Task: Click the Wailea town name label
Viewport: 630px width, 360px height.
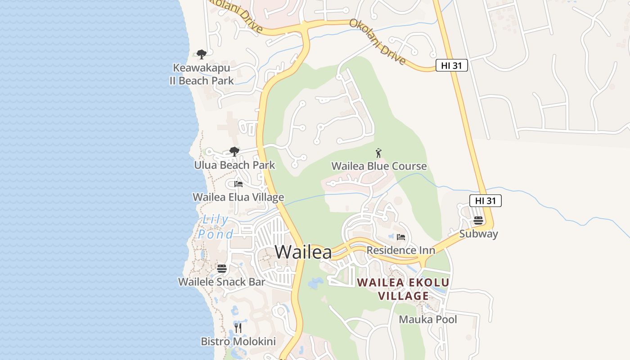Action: [x=303, y=252]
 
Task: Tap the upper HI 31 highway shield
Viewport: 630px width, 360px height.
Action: [x=452, y=66]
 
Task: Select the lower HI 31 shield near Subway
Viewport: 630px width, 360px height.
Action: [x=485, y=201]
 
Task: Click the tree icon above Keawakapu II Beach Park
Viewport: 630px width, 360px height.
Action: [x=202, y=54]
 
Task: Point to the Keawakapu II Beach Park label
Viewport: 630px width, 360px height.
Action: [x=202, y=74]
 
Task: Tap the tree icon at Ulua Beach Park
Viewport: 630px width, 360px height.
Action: [x=234, y=152]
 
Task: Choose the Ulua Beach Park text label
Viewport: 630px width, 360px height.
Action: [x=234, y=165]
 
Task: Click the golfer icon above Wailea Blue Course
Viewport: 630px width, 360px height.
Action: [x=378, y=153]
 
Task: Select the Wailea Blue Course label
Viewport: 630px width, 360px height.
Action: [x=379, y=166]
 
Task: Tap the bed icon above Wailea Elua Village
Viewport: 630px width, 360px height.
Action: [x=238, y=184]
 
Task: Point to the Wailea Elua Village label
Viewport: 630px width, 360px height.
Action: [x=238, y=197]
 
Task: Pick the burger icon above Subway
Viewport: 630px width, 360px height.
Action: [x=478, y=220]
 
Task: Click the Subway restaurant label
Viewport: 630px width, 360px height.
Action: [x=478, y=234]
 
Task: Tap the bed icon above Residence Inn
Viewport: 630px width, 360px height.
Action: [x=401, y=237]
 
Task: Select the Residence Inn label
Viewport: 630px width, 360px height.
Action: [x=401, y=250]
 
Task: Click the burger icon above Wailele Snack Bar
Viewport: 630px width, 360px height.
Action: [x=221, y=269]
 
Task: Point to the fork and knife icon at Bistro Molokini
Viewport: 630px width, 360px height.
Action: [x=238, y=328]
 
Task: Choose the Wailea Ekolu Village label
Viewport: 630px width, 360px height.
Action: [x=403, y=289]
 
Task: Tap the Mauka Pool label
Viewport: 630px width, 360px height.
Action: [x=428, y=319]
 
